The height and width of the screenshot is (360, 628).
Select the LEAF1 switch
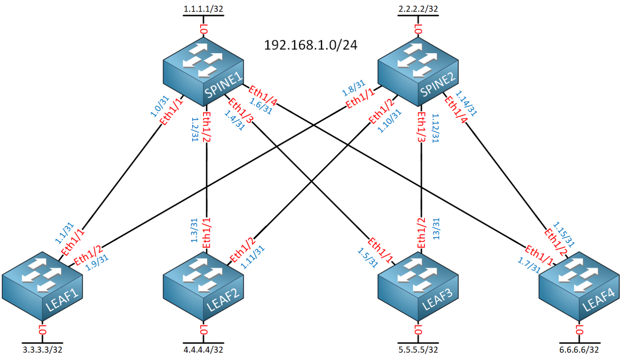tap(42, 286)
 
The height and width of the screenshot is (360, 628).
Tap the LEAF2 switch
tap(203, 286)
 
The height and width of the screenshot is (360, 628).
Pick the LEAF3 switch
tap(418, 286)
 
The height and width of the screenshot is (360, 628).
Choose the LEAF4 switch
tap(579, 286)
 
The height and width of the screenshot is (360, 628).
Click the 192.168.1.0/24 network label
tap(311, 45)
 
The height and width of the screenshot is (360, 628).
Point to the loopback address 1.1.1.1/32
tap(203, 9)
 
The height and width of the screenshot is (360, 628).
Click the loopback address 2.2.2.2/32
tap(418, 9)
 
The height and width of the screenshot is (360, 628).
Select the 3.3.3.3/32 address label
tap(42, 350)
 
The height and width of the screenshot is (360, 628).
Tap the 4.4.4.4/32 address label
tap(203, 350)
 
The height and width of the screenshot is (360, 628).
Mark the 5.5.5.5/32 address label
tap(418, 350)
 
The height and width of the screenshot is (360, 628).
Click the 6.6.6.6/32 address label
tap(579, 350)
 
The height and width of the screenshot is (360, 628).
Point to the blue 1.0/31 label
tap(159, 106)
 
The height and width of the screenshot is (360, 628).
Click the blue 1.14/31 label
tap(467, 103)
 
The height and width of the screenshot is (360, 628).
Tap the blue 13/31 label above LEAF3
tap(436, 229)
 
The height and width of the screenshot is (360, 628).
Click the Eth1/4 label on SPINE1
tap(262, 96)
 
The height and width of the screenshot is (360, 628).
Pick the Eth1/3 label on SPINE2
tap(421, 127)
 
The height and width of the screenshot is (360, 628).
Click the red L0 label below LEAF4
tap(579, 330)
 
